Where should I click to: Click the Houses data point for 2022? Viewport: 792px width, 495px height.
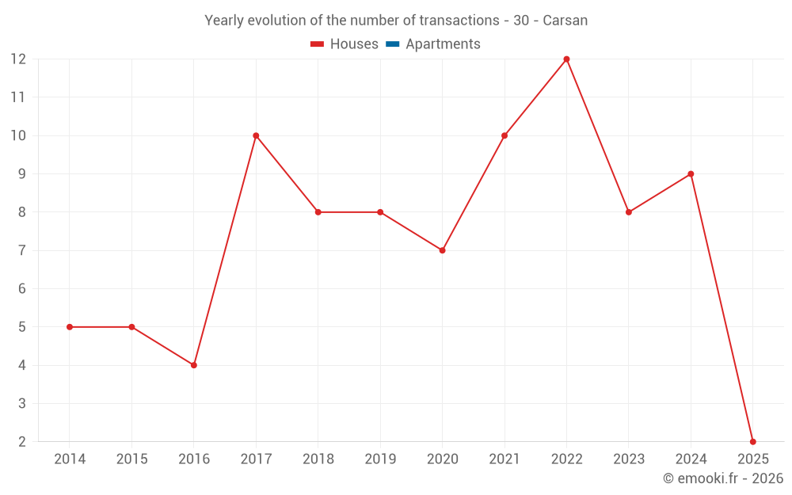pos(566,59)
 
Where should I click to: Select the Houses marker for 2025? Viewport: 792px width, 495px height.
pos(752,441)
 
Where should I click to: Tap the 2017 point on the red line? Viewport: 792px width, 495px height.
pos(256,135)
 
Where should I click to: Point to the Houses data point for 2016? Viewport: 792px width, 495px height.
pos(194,365)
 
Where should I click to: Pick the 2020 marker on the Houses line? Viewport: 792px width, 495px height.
pos(442,250)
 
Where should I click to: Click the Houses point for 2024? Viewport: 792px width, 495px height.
pos(691,173)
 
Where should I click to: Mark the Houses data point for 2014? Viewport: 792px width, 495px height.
pos(70,327)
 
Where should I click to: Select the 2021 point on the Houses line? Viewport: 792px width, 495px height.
pos(505,135)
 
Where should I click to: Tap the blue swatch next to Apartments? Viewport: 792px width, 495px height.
pos(392,44)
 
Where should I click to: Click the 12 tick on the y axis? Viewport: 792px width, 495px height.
pos(18,59)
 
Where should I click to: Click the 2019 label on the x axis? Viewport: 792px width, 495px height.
pos(380,459)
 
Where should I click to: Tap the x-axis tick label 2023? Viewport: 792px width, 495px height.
pos(629,459)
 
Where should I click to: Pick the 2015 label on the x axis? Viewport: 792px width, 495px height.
pos(131,459)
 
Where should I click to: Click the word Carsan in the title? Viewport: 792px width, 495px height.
pos(565,21)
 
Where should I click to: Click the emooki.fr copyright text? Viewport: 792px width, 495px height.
pos(722,478)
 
